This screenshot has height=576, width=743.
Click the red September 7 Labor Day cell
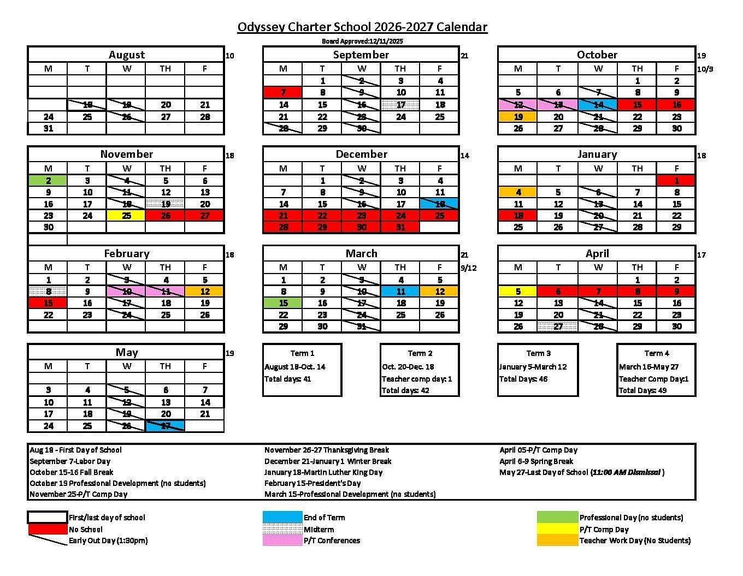pyautogui.click(x=282, y=92)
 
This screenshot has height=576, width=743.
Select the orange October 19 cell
pyautogui.click(x=517, y=116)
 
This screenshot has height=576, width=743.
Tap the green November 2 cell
pyautogui.click(x=48, y=180)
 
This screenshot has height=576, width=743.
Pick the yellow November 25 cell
pyautogui.click(x=126, y=216)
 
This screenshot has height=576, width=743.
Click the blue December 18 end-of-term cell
pyautogui.click(x=439, y=204)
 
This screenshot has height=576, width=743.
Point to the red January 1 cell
pyautogui.click(x=676, y=180)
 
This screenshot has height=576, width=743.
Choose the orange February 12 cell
pyautogui.click(x=204, y=292)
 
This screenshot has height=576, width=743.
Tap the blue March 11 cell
pyautogui.click(x=400, y=292)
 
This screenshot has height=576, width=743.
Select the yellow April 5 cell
pyautogui.click(x=517, y=292)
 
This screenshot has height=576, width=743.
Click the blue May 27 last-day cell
pyautogui.click(x=166, y=426)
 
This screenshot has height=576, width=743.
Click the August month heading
pyautogui.click(x=126, y=55)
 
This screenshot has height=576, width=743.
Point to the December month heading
pyautogui.click(x=361, y=154)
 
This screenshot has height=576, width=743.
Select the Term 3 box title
pyautogui.click(x=538, y=353)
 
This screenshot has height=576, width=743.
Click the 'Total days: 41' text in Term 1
pyautogui.click(x=288, y=379)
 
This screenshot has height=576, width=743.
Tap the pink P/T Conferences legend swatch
pyautogui.click(x=282, y=541)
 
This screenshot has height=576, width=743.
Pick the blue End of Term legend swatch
pyautogui.click(x=282, y=517)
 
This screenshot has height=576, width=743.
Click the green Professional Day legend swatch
pyautogui.click(x=557, y=517)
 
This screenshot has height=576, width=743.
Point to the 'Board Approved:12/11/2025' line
pyautogui.click(x=362, y=41)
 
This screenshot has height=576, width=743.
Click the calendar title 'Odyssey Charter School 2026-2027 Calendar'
pyautogui.click(x=362, y=27)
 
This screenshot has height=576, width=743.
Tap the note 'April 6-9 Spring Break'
pyautogui.click(x=536, y=461)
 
